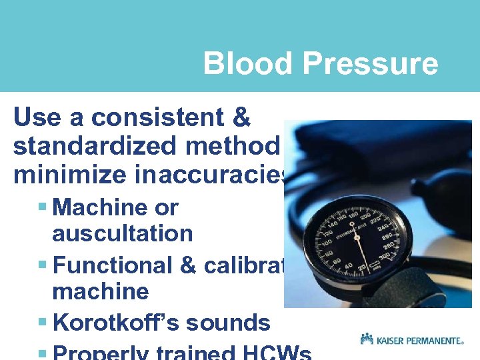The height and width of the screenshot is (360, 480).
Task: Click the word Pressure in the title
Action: [x=370, y=64]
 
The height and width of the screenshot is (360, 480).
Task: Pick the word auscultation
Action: [x=122, y=234]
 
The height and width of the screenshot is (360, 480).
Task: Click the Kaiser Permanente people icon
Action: [x=367, y=339]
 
